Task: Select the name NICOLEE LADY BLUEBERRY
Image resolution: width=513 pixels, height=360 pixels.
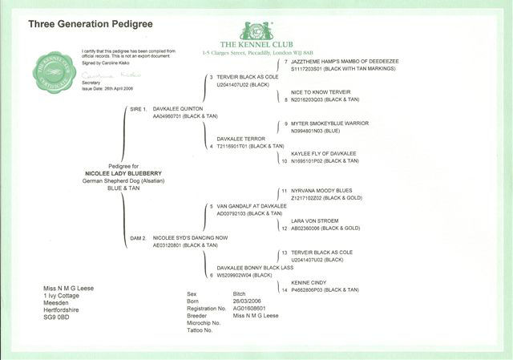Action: (x=118, y=172)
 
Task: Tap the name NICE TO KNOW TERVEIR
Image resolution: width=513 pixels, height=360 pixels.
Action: (x=315, y=93)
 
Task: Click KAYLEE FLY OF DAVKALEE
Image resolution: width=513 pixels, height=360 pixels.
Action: (x=320, y=153)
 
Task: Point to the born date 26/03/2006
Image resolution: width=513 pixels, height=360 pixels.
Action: (x=248, y=301)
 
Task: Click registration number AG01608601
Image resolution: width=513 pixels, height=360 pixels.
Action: (x=251, y=308)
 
